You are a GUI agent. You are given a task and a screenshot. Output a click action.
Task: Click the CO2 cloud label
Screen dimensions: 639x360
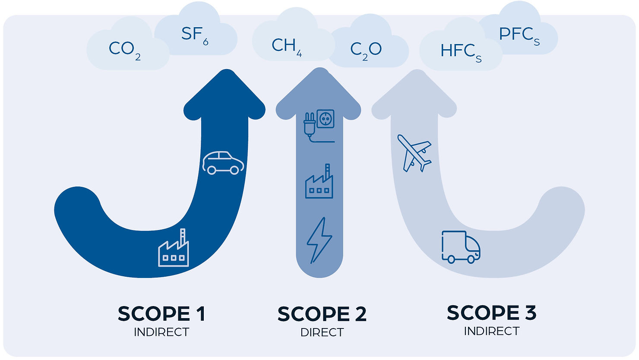125,50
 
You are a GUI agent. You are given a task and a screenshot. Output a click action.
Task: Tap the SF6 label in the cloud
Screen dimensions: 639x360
195,35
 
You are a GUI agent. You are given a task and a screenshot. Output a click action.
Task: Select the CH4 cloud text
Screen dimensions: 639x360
287,47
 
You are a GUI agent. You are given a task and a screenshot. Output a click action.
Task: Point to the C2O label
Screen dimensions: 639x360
366,51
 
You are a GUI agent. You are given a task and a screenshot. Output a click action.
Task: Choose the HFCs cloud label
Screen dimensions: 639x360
461,53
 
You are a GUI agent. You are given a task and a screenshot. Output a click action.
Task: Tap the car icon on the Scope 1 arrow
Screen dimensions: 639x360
223,163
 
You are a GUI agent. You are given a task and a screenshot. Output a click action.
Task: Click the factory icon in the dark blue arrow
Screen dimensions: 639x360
174,248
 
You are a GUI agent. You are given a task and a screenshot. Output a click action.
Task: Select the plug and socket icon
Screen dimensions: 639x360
319,126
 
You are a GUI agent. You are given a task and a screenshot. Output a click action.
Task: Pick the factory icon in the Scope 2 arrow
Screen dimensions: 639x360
319,181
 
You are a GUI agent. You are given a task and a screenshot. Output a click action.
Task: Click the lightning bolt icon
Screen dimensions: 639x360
319,240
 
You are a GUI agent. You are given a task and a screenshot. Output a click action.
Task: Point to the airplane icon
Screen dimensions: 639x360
414,153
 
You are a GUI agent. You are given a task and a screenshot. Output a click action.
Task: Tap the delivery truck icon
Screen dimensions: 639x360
461,247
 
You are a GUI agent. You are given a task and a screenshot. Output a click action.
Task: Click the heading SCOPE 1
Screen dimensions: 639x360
161,314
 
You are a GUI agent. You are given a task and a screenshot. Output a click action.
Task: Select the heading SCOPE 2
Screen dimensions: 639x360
322,314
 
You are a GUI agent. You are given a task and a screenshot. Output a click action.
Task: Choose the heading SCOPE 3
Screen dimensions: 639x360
491,313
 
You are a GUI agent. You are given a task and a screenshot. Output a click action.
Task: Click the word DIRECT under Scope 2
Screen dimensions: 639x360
322,332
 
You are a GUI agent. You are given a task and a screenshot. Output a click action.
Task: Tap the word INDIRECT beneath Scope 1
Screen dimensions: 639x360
161,332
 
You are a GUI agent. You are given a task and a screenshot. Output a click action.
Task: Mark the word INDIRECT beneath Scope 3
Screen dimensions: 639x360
491,331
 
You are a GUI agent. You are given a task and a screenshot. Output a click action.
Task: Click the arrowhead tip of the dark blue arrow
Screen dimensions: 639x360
227,69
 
